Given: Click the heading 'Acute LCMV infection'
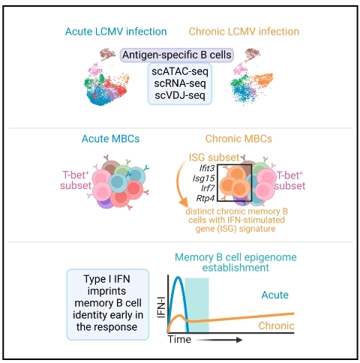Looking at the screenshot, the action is pos(115,31).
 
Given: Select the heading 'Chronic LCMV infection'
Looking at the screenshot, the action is pos(244,31).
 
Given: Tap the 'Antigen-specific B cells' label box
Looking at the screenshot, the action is pos(177,55).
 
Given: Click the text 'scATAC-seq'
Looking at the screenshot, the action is pos(180,71).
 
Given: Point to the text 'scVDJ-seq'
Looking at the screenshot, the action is pos(180,95).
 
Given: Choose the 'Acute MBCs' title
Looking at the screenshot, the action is pos(110,139).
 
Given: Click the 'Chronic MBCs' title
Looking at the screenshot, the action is pos(238,139).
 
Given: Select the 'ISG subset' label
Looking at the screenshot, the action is pos(214,157).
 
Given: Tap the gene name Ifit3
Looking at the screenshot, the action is pos(207,168).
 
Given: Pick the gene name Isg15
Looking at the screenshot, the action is pos(203,178).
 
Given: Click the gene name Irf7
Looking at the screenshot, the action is pos(208,188).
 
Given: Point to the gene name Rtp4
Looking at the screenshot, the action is pos(205,198).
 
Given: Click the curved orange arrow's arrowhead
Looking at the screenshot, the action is pos(184,202).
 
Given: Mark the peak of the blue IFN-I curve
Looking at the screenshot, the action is pos(178,277).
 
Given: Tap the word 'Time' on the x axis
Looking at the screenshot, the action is pos(179,340).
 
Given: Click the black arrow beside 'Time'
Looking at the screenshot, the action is pos(218,340).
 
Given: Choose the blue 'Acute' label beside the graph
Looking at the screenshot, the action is pos(275,295).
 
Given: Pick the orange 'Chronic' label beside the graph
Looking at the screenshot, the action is pos(276,325).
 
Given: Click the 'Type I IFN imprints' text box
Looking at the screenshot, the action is pos(108,304).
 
